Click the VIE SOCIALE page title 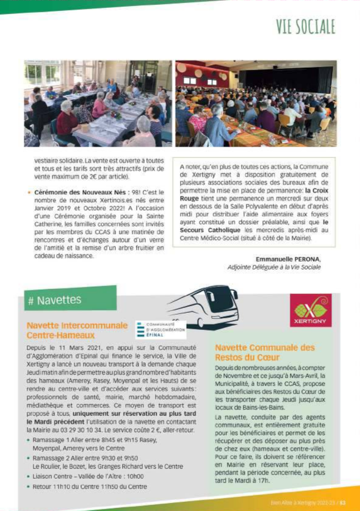306,26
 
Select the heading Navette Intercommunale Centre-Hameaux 77,330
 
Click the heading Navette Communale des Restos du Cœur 265,352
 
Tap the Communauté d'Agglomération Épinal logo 160,329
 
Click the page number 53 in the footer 343,503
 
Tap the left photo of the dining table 98,103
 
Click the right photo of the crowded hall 256,103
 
